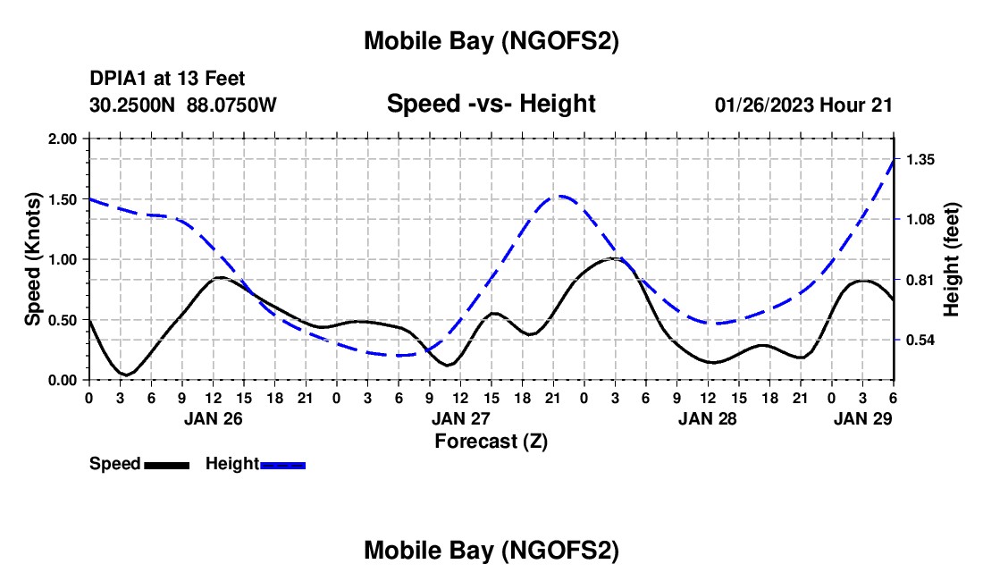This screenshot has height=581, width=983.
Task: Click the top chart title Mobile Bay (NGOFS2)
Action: click(x=491, y=41)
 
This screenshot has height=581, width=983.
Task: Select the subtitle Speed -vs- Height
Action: click(x=491, y=104)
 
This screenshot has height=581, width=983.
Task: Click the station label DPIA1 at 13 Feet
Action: click(x=167, y=80)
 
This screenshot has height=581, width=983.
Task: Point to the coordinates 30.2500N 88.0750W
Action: click(x=183, y=105)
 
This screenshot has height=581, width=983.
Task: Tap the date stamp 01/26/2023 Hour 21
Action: click(x=803, y=105)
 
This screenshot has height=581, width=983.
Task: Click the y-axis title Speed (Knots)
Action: click(x=33, y=259)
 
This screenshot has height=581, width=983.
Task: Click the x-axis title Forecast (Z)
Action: click(x=491, y=440)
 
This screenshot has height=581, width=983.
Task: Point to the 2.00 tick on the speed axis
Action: click(x=63, y=139)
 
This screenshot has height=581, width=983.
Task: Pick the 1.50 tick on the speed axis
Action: click(x=63, y=199)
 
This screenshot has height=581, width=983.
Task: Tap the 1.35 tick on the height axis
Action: click(x=920, y=159)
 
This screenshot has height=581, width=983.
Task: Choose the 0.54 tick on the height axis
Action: click(x=920, y=341)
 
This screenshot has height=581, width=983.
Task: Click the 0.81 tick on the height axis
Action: click(x=920, y=280)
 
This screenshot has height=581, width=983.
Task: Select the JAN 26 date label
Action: click(x=214, y=417)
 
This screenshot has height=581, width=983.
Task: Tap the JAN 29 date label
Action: click(x=862, y=417)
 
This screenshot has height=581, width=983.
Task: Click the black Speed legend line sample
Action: click(x=166, y=465)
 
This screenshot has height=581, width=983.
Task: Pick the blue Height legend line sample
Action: click(x=283, y=465)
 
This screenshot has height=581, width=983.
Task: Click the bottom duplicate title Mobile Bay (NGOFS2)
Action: click(x=491, y=551)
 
